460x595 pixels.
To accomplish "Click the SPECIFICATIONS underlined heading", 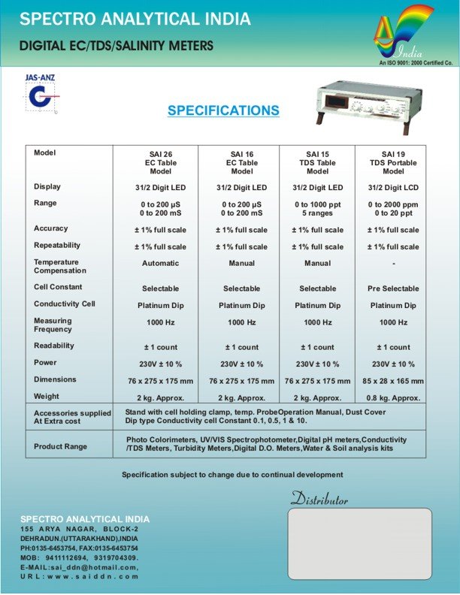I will [223, 110].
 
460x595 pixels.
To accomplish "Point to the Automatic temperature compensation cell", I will [160, 264].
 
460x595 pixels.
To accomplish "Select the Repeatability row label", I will [57, 246].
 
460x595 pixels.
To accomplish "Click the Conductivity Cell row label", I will [63, 304].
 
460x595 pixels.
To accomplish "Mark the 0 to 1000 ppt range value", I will [317, 204].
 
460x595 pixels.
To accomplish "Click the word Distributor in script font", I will [319, 499].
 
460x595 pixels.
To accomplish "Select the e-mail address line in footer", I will [80, 567].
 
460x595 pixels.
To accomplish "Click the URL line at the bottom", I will [80, 576].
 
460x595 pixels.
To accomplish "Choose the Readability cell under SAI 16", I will [242, 347].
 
